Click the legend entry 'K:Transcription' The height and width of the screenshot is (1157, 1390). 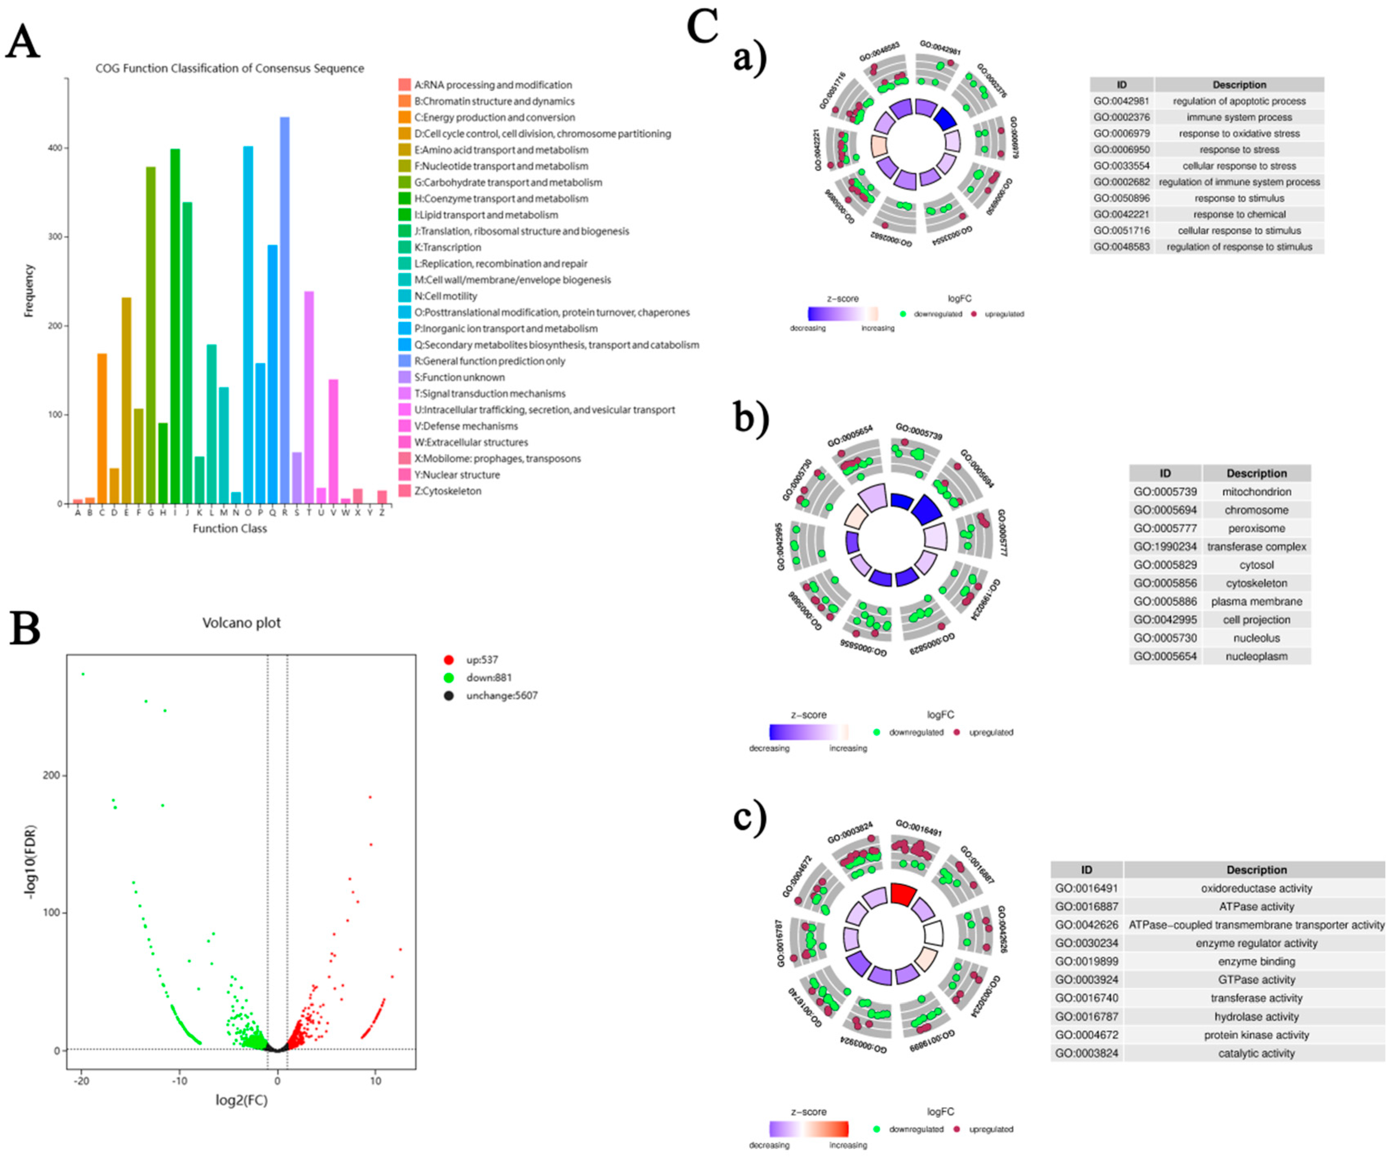tap(447, 247)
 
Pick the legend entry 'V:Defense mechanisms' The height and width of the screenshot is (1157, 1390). tap(466, 426)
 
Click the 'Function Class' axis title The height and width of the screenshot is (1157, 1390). tap(230, 529)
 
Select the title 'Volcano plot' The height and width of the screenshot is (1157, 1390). tap(242, 622)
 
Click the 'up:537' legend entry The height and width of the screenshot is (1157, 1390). tap(481, 659)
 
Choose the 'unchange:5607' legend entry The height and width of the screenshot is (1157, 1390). tap(501, 695)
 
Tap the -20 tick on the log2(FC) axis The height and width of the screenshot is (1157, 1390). tap(82, 1082)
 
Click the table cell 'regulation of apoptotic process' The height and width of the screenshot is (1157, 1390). tap(1239, 101)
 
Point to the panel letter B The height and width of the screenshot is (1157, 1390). tap(25, 629)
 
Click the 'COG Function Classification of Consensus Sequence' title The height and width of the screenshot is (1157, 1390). tap(230, 68)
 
